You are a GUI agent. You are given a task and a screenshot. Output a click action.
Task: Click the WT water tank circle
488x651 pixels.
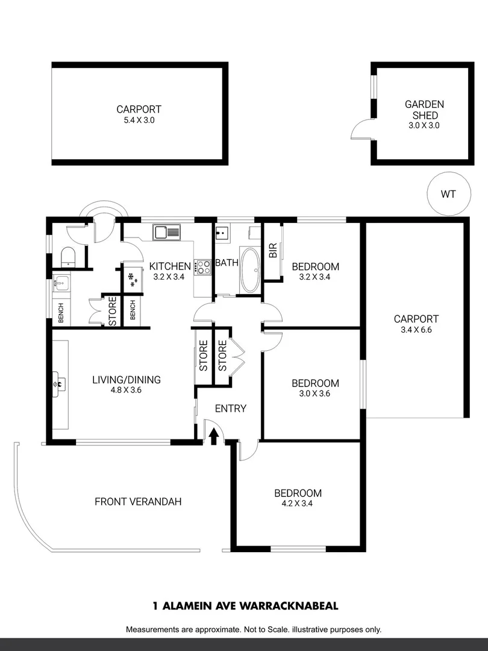(448, 194)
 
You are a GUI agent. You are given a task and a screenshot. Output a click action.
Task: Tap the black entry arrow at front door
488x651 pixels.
(213, 435)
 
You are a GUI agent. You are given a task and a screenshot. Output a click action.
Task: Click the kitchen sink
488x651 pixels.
(166, 231)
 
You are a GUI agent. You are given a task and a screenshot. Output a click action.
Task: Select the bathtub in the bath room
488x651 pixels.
(250, 269)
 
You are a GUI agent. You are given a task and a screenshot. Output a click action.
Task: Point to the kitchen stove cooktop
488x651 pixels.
(202, 267)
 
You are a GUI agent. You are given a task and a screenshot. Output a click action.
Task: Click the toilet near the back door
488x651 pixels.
(68, 257)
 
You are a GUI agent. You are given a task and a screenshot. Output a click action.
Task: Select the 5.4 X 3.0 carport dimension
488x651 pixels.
(139, 120)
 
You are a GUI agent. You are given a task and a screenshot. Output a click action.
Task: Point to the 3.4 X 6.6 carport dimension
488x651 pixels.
(416, 330)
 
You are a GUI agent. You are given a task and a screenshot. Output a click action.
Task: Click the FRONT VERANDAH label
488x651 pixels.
(138, 502)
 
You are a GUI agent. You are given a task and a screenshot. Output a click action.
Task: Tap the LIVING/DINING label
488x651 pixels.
(127, 380)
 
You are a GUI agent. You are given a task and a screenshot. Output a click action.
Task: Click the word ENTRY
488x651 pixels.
(231, 409)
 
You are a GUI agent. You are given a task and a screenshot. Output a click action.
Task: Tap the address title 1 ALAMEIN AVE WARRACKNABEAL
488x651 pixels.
(243, 606)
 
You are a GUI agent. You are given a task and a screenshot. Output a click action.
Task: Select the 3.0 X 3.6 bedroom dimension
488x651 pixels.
(315, 394)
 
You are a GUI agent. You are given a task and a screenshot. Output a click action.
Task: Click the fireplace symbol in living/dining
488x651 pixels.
(58, 381)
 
